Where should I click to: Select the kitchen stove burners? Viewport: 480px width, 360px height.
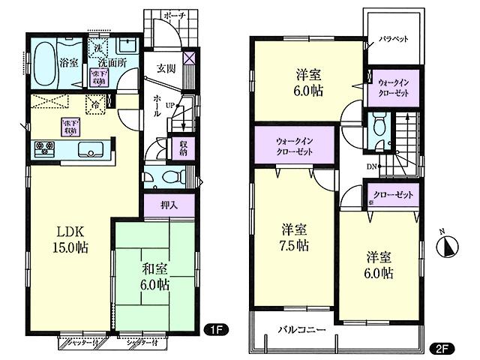(x=42, y=148)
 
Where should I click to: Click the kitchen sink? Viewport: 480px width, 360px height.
(x=89, y=148)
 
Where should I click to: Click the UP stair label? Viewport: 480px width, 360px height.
(x=170, y=105)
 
